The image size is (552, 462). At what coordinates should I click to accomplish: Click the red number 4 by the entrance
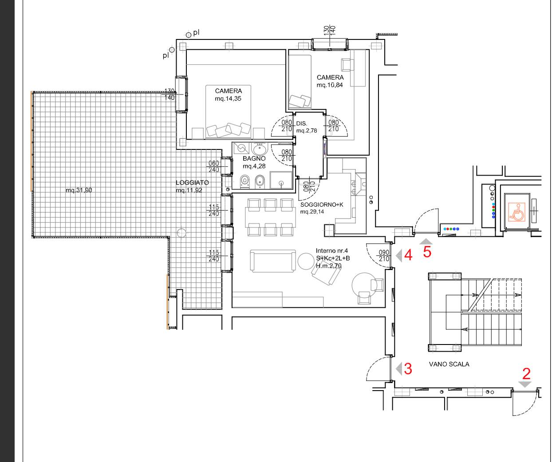[408, 255]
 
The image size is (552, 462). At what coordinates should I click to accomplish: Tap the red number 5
[427, 252]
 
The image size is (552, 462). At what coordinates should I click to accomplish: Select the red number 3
[408, 369]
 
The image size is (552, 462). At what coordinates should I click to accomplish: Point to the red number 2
[526, 374]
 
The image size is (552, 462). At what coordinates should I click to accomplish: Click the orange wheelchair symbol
[517, 212]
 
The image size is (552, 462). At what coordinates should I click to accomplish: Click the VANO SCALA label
[449, 364]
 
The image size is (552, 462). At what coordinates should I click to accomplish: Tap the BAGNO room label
[254, 158]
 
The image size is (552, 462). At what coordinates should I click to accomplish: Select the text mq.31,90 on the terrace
[79, 190]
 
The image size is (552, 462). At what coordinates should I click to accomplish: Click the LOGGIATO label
[192, 183]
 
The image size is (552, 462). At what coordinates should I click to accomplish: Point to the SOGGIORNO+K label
[322, 205]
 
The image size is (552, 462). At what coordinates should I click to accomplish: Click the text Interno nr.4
[332, 251]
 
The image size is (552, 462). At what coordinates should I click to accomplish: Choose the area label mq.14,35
[228, 99]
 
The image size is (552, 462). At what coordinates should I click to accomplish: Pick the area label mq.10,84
[330, 85]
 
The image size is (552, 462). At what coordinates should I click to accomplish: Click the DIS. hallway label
[301, 123]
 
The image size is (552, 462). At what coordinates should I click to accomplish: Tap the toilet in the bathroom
[244, 182]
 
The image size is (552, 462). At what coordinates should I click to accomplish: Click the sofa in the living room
[272, 261]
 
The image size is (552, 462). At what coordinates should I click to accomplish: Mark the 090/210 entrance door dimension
[384, 256]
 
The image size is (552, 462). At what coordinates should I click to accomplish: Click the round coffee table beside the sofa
[306, 261]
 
